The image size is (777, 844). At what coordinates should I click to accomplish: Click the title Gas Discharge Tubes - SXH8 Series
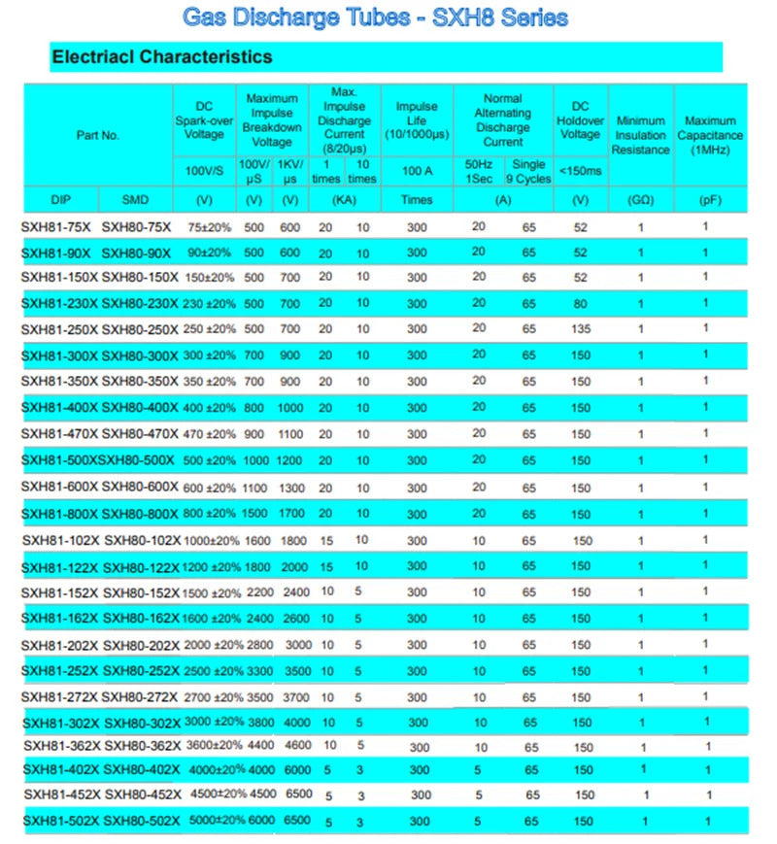pyautogui.click(x=374, y=17)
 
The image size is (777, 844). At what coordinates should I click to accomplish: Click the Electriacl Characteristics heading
pyautogui.click(x=161, y=56)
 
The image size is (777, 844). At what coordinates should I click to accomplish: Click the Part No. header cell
pyautogui.click(x=97, y=135)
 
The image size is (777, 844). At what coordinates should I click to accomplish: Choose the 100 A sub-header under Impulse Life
pyautogui.click(x=417, y=171)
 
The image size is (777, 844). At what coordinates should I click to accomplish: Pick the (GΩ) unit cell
pyautogui.click(x=640, y=199)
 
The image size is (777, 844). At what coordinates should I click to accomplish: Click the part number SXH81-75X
pyautogui.click(x=56, y=227)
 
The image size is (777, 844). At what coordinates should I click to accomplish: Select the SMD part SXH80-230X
pyautogui.click(x=140, y=303)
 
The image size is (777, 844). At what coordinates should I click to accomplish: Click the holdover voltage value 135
pyautogui.click(x=581, y=329)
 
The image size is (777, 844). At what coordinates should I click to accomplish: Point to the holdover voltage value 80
pyautogui.click(x=581, y=303)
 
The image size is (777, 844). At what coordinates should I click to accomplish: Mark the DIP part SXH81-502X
pyautogui.click(x=60, y=821)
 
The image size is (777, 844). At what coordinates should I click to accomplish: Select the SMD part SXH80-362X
pyautogui.click(x=143, y=746)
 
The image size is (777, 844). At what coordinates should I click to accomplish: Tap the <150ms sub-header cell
pyautogui.click(x=581, y=171)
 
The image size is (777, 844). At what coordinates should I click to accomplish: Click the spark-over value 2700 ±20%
pyautogui.click(x=205, y=697)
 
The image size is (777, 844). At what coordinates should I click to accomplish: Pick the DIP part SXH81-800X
pyautogui.click(x=58, y=514)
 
